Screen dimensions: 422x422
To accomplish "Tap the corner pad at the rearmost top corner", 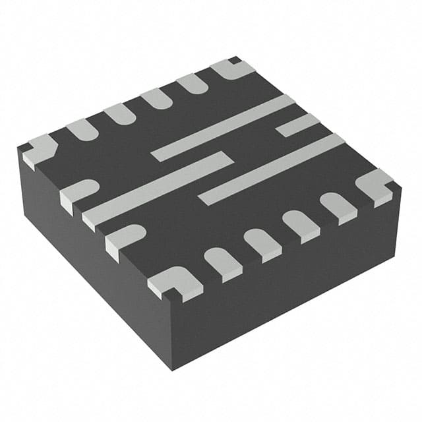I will click(x=233, y=69).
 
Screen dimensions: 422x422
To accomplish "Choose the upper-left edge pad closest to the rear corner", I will click(x=192, y=83).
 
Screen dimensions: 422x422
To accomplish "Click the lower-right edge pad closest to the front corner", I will click(x=223, y=262).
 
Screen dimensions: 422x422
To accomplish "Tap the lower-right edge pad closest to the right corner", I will click(x=338, y=206).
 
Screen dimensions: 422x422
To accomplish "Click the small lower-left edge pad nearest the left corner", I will click(x=78, y=195).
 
